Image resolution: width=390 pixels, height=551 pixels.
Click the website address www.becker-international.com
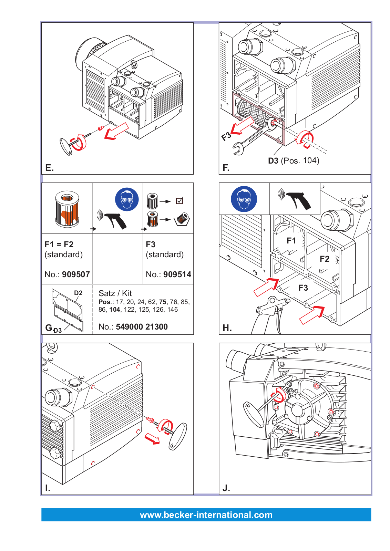[206, 515]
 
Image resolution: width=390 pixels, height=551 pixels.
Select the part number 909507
[76, 274]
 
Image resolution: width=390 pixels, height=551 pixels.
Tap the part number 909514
[177, 274]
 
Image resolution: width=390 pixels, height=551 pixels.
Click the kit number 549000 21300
[142, 327]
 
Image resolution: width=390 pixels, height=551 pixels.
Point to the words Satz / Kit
[115, 293]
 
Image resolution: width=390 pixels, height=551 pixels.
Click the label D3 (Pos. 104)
[294, 160]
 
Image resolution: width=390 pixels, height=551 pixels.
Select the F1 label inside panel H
[291, 241]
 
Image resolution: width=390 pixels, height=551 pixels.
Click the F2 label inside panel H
[325, 259]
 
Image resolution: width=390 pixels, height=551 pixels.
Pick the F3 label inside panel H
[303, 288]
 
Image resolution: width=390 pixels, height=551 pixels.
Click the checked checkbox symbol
[179, 201]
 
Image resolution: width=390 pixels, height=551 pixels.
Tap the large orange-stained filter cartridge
[67, 209]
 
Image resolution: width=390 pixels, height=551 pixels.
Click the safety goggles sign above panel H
[244, 199]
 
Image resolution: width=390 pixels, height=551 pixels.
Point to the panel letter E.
[50, 168]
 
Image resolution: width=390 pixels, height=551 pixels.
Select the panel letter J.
[226, 488]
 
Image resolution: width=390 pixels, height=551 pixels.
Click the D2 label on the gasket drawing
[78, 293]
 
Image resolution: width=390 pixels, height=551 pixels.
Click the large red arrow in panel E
[116, 131]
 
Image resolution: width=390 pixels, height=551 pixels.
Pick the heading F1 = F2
[59, 245]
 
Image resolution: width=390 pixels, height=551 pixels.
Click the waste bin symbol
[182, 219]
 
